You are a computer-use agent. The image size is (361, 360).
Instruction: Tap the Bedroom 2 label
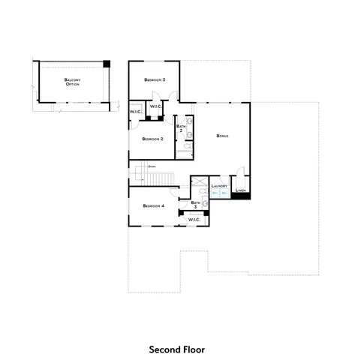coord(153,139)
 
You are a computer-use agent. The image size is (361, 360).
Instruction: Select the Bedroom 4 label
coord(152,205)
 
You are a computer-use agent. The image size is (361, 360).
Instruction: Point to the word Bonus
coord(221,136)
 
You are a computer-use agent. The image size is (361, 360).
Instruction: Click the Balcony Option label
coord(72,81)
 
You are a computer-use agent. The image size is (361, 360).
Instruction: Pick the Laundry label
coord(219,185)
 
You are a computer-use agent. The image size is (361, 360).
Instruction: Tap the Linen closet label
coord(240,190)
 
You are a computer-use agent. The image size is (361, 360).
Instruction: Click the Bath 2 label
coord(181,127)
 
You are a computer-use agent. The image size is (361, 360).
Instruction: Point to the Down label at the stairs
coord(152,166)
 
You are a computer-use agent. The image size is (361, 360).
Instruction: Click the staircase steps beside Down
coord(159,178)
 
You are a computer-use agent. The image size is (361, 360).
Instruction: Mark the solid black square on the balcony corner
coord(107,64)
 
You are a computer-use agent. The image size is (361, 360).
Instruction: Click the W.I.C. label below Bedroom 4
coord(194,219)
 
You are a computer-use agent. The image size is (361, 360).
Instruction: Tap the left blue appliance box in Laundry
coord(215,193)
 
